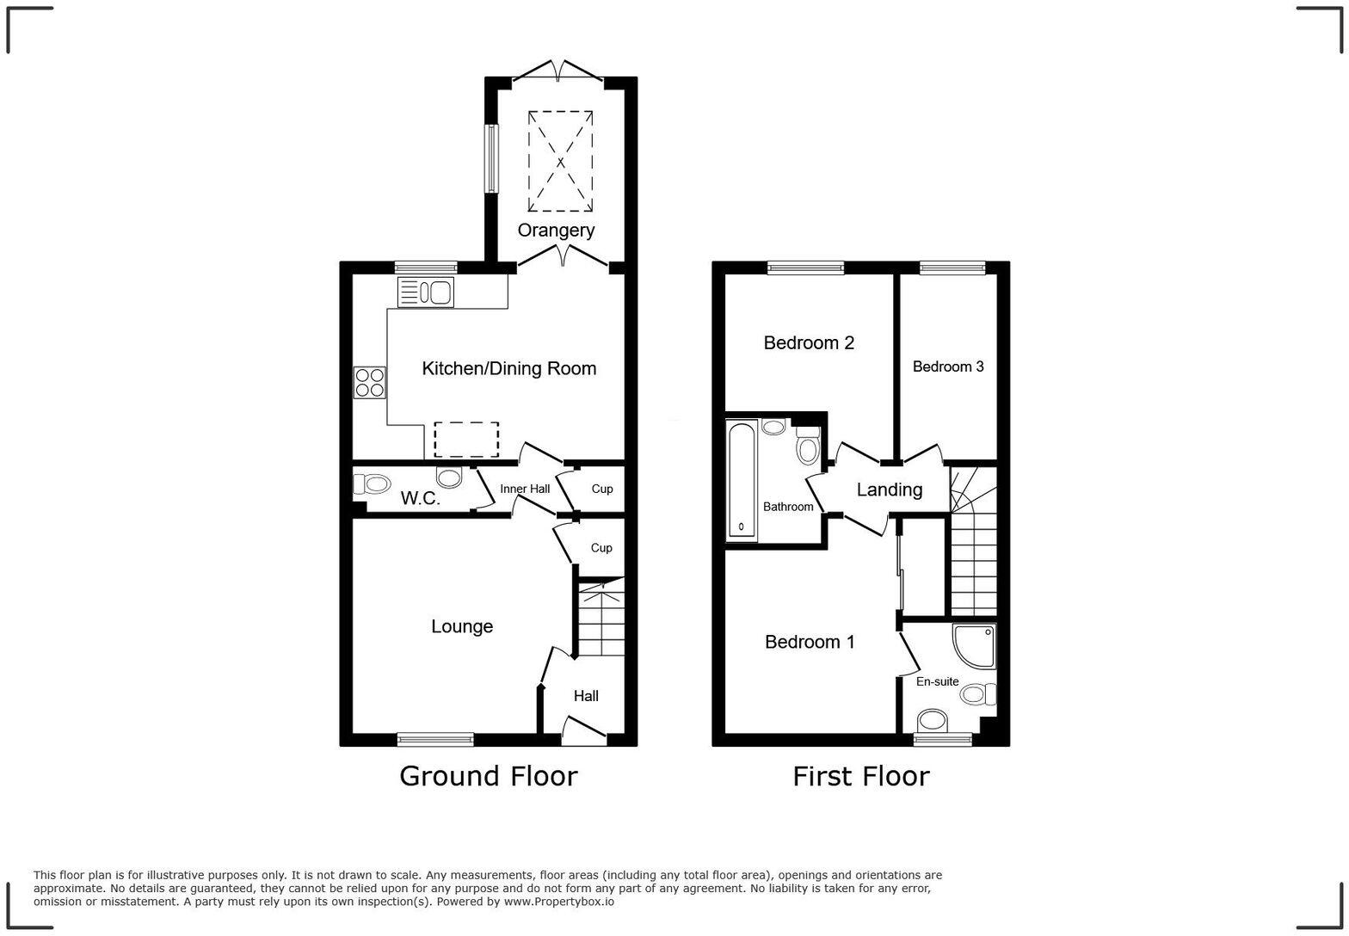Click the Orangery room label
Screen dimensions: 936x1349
[556, 231]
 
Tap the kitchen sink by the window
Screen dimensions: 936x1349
[425, 292]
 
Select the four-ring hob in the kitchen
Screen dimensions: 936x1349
[370, 382]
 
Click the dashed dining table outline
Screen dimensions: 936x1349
[466, 439]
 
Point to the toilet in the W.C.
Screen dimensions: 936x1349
[376, 485]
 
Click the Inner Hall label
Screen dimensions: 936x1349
[525, 489]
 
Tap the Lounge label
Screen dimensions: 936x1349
[462, 626]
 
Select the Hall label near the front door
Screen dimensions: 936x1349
[586, 696]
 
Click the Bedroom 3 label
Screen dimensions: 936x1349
[948, 366]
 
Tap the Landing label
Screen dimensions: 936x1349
[890, 490]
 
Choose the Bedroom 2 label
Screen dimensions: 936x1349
[809, 343]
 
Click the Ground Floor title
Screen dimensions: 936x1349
[488, 776]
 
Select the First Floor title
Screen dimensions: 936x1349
[860, 776]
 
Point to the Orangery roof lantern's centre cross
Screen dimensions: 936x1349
[560, 161]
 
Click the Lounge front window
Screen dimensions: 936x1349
[435, 738]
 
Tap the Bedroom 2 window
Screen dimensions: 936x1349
[806, 268]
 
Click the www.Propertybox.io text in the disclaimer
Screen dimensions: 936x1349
[558, 902]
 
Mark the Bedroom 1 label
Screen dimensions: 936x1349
[810, 642]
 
